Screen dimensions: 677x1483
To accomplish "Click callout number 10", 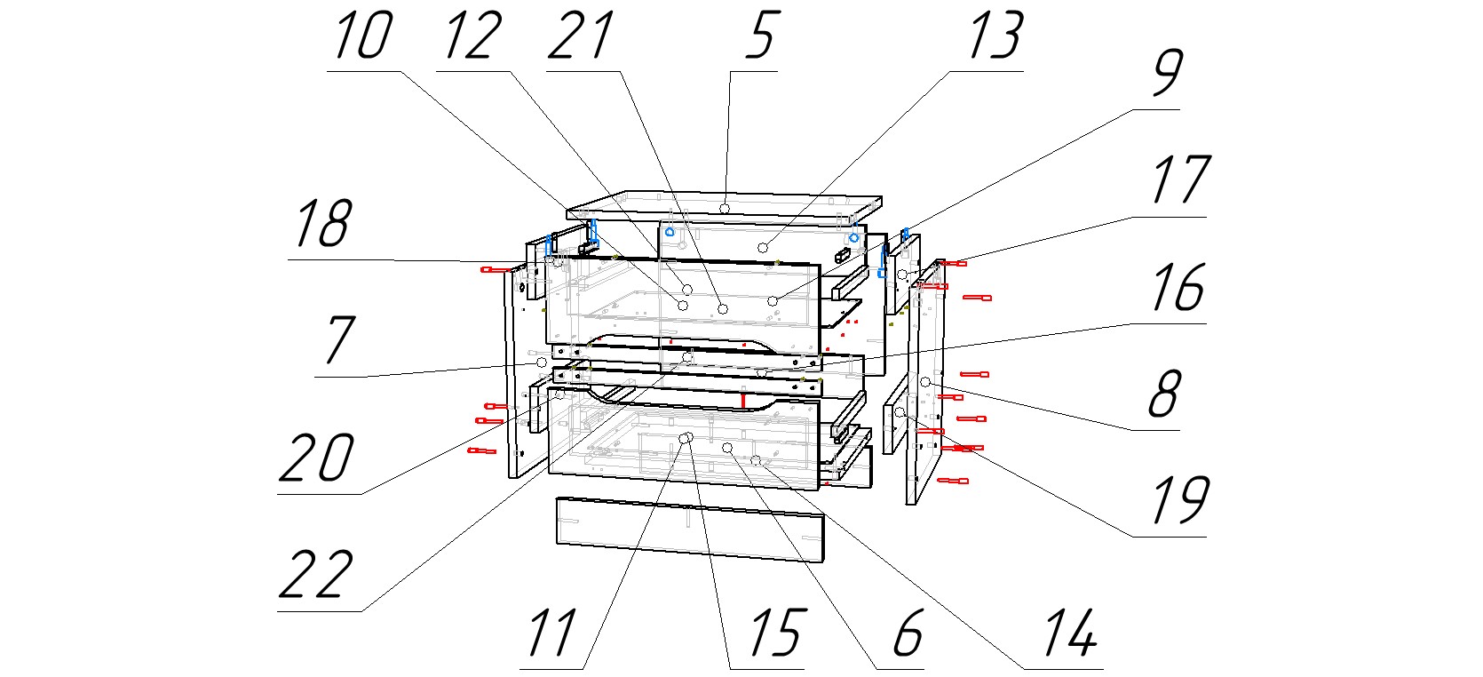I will click(362, 37).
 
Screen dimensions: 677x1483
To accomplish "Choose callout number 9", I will click(1166, 73).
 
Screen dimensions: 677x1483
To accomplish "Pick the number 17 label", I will click(1179, 180).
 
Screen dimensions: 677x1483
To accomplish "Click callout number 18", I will click(321, 224).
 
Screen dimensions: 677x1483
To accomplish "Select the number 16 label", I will click(1178, 289).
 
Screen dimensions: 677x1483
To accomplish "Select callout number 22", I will click(315, 575).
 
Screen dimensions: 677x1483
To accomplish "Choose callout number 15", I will click(775, 633).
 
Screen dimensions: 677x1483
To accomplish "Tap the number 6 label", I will click(907, 633).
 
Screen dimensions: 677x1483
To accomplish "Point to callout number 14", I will click(1069, 633).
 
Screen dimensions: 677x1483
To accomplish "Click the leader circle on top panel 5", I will click(726, 207).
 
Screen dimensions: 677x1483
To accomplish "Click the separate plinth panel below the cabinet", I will click(689, 530).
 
